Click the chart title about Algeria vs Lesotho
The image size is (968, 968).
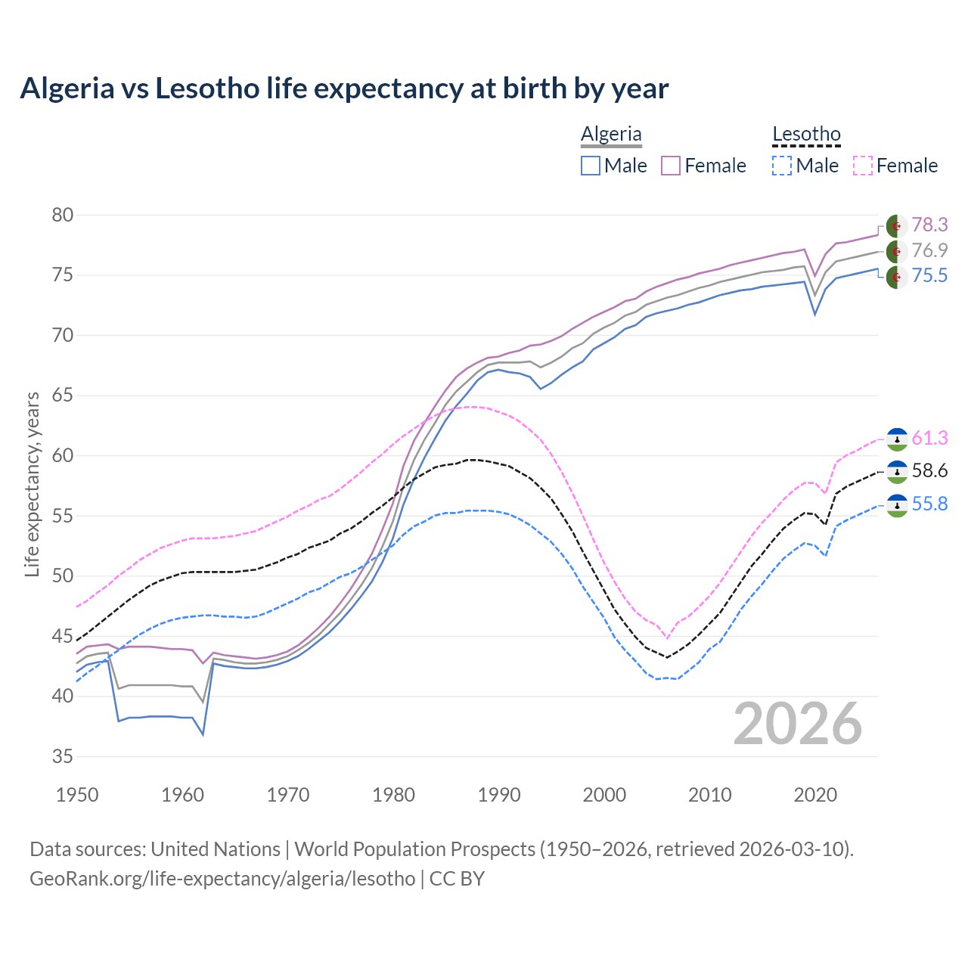tap(344, 88)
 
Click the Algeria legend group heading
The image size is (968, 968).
tap(611, 135)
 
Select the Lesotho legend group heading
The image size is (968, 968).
tap(806, 135)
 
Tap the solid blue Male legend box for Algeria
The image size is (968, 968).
tap(591, 166)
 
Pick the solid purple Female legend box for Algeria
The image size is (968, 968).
tap(671, 166)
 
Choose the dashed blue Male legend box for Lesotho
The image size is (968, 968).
tap(782, 166)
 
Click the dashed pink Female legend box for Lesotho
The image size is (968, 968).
tap(862, 166)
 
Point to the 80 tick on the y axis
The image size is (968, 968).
tap(63, 216)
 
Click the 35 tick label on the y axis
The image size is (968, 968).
tap(63, 757)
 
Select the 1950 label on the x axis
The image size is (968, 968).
tap(77, 795)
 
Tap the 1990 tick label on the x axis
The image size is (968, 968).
tap(499, 795)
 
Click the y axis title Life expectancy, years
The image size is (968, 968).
tap(32, 484)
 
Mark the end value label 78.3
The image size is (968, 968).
tap(929, 225)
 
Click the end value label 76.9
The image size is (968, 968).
tap(929, 250)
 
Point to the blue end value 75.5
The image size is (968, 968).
tap(929, 276)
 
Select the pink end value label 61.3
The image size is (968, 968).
tap(929, 439)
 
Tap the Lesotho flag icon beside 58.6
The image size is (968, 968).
tap(897, 472)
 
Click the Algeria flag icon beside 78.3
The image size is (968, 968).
tap(897, 226)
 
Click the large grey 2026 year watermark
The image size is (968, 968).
tap(798, 724)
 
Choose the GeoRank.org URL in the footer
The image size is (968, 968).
tap(222, 879)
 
